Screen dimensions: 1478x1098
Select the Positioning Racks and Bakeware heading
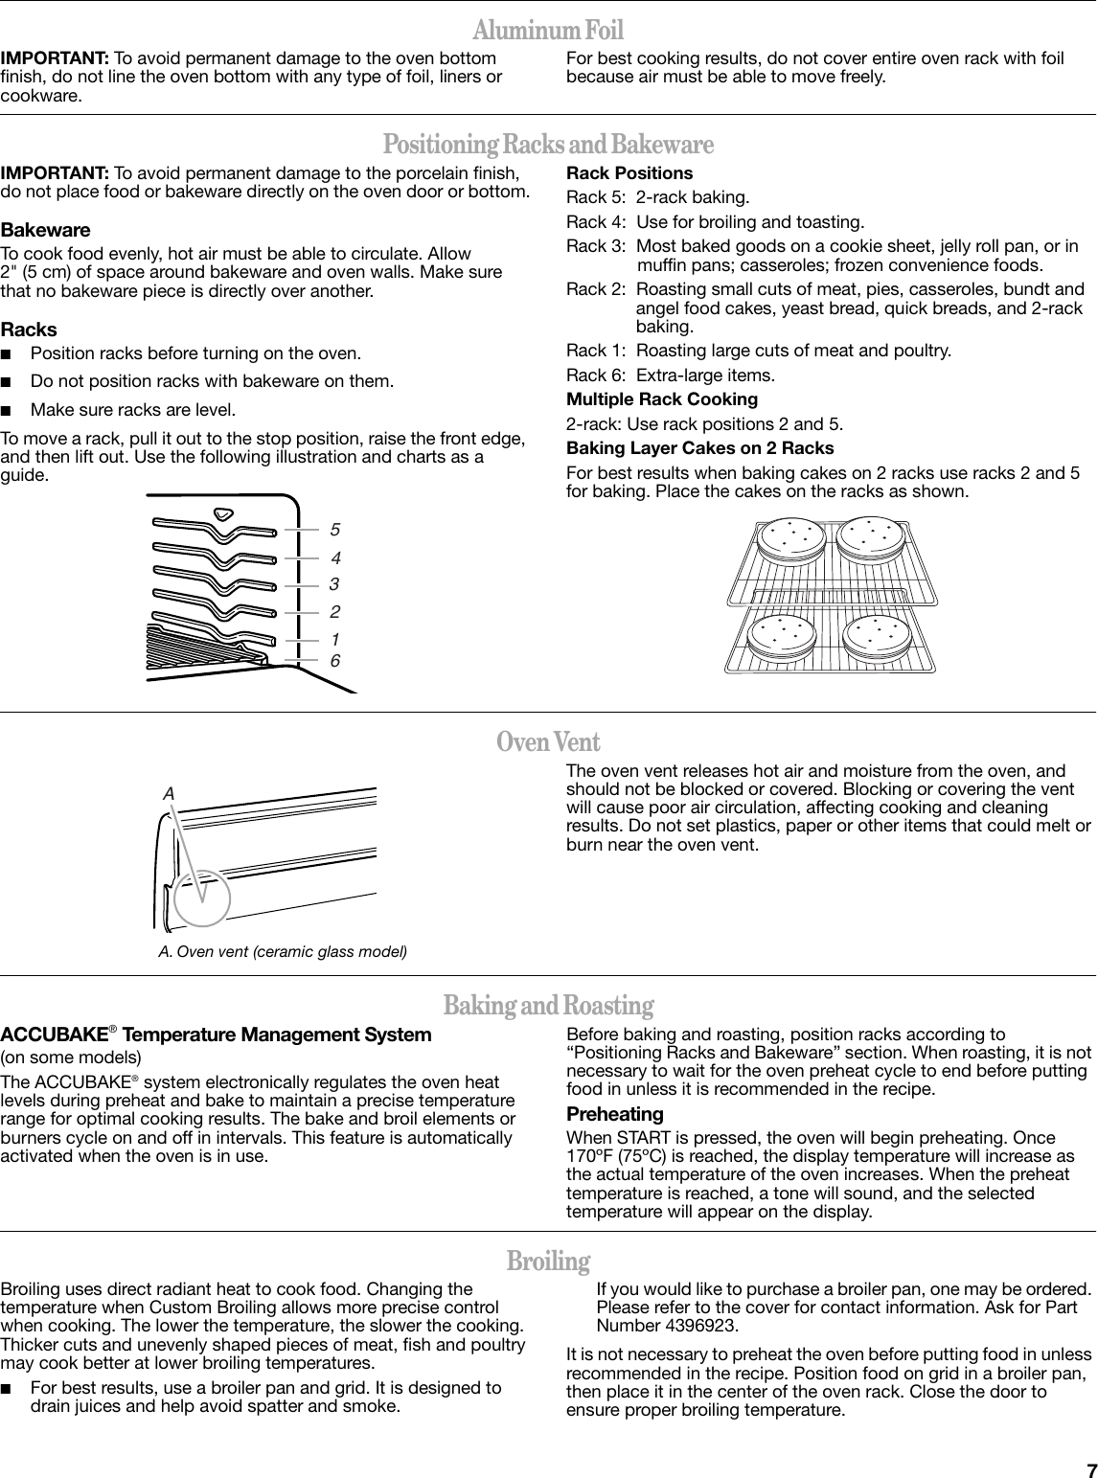tap(548, 146)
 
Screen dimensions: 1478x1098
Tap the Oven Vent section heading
tap(548, 742)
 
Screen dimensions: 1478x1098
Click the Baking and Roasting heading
tap(548, 1006)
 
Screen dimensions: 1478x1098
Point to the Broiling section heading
tap(548, 1261)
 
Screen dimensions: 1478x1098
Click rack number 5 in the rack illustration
tap(334, 529)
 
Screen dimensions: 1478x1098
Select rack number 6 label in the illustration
tap(334, 661)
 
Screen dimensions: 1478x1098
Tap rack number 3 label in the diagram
tap(334, 583)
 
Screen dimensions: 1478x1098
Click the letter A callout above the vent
tap(169, 794)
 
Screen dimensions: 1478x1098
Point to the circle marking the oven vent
tap(202, 898)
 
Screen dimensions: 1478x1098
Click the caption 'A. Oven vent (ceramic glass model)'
tap(283, 952)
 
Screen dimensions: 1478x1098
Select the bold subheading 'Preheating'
tap(615, 1115)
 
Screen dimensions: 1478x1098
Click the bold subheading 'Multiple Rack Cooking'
tap(662, 399)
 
